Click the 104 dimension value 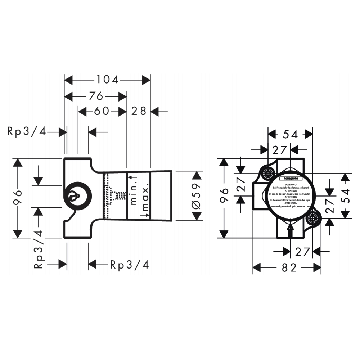coord(107,80)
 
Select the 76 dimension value coord(96,96)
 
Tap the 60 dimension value coord(101,111)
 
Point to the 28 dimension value coord(139,111)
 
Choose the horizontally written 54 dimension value coord(290,134)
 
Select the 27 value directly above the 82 coord(302,252)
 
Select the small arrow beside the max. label coord(145,215)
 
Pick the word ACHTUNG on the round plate coord(290,184)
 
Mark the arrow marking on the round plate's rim coord(290,228)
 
